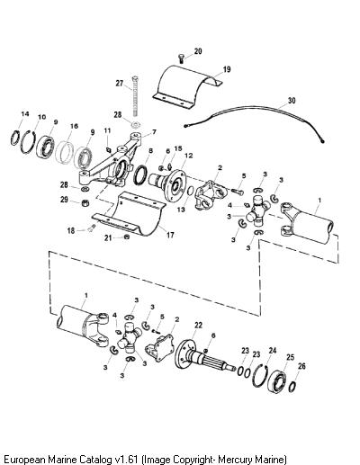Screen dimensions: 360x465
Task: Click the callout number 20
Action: pos(198,51)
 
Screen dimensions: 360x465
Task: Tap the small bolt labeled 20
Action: pos(181,58)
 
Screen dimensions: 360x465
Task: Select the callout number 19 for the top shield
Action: pos(227,69)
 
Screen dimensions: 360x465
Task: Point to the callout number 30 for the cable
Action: pos(292,100)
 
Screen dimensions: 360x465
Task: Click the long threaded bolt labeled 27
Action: pos(135,96)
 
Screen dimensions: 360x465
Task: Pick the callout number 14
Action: pos(25,114)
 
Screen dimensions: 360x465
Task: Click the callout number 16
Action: pos(74,126)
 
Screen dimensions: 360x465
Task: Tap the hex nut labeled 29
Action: pos(85,203)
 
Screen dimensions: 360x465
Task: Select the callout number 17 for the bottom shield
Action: pos(170,235)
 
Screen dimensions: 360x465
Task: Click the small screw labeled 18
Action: pos(93,228)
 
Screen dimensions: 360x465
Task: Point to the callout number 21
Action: pos(108,238)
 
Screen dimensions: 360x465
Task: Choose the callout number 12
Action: pos(189,156)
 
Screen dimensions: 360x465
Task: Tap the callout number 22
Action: pos(198,325)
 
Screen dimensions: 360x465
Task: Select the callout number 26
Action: pos(301,366)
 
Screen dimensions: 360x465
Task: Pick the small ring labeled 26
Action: pos(292,387)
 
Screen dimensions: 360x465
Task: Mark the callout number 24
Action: pos(273,350)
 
